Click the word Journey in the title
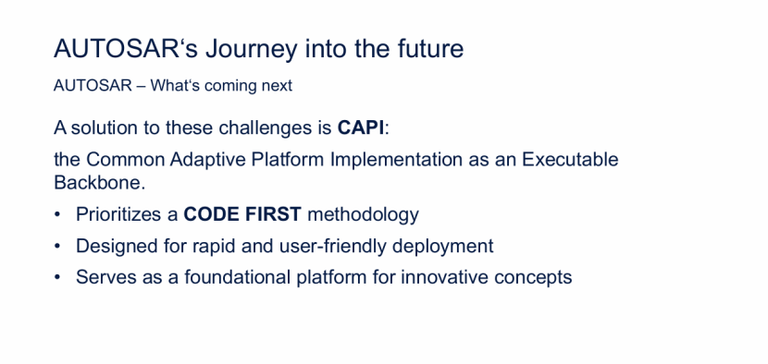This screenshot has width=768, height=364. (251, 49)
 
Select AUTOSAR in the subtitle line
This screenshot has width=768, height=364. (93, 86)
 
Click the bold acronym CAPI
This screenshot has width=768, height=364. (361, 127)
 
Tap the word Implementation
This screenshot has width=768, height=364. (396, 160)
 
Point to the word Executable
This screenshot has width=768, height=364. (570, 159)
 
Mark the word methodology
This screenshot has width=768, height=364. (363, 215)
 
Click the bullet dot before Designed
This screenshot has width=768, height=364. (57, 246)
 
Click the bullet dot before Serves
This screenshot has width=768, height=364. (57, 277)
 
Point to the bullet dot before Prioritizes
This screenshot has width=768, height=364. (57, 214)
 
